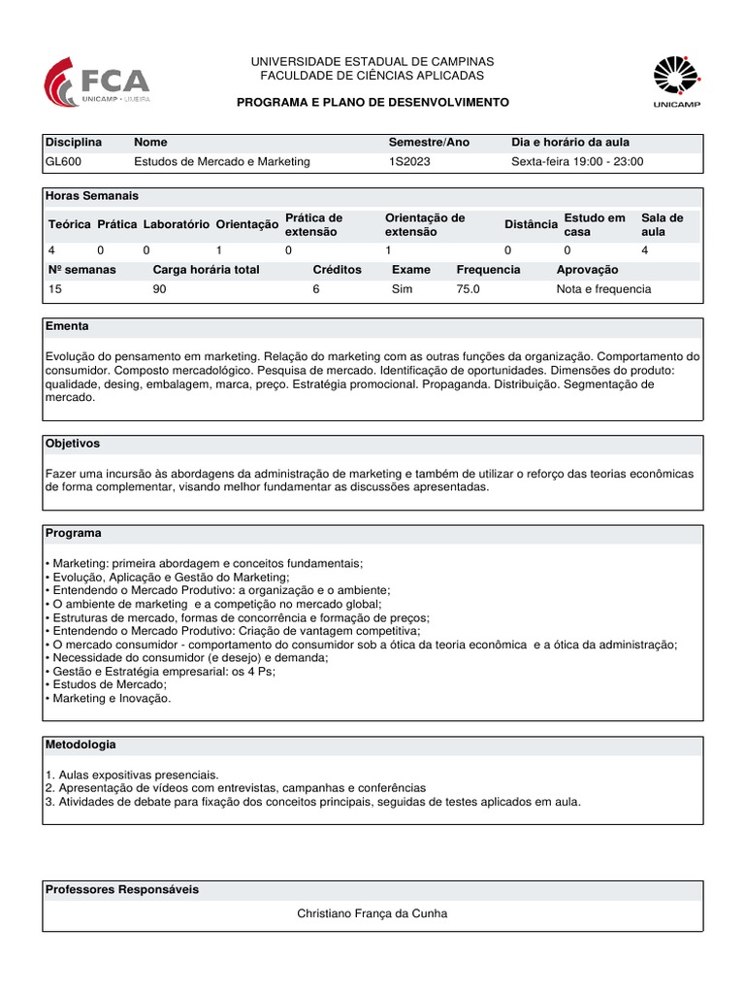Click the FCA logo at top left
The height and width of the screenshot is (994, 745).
click(97, 82)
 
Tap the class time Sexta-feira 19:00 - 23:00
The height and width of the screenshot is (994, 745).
click(577, 162)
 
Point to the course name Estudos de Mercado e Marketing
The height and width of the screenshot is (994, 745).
click(222, 162)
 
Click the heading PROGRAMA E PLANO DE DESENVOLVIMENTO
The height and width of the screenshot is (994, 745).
click(372, 102)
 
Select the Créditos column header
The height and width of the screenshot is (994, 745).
click(337, 270)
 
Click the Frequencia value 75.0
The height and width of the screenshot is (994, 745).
click(469, 289)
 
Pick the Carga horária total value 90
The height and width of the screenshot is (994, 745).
click(160, 289)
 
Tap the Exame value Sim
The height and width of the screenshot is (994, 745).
click(402, 289)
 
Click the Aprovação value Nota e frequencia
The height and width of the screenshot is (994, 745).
click(603, 289)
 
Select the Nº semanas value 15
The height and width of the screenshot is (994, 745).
click(55, 289)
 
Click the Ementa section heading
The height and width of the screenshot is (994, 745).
click(67, 326)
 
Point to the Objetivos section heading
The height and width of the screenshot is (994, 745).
click(73, 444)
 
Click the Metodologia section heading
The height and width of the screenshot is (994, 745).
click(81, 745)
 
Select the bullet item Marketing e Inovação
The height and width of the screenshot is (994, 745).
click(111, 698)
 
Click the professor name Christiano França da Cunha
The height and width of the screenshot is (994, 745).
click(372, 913)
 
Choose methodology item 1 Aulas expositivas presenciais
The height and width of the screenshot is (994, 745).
click(132, 775)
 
